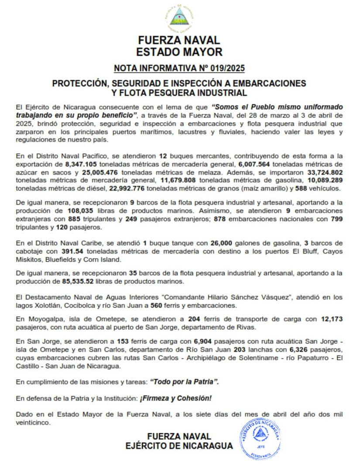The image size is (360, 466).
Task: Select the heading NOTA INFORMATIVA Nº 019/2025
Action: pos(179,68)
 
